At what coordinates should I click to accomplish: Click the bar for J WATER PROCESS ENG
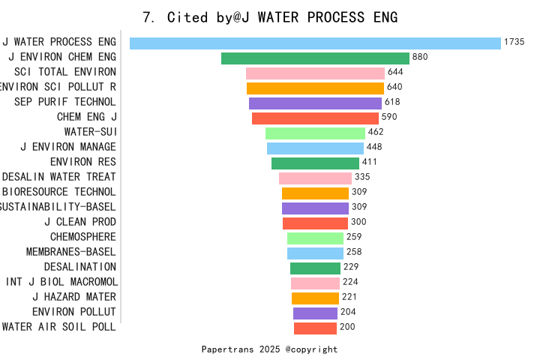tap(315, 43)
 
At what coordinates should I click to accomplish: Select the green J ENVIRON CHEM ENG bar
tap(315, 58)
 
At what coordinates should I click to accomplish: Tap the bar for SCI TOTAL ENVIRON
tap(315, 73)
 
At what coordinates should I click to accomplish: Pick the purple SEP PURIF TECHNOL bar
tap(315, 103)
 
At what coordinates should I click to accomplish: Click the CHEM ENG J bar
tap(315, 118)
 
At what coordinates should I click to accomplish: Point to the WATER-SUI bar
tap(315, 133)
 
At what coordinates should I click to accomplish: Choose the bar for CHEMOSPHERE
tap(315, 238)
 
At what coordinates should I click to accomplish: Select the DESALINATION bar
tap(315, 268)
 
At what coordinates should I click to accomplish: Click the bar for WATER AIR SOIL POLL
tap(315, 328)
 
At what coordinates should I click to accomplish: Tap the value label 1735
tap(514, 42)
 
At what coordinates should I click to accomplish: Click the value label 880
tap(420, 57)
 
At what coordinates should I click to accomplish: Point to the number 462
tap(376, 132)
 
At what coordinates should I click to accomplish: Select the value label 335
tap(362, 177)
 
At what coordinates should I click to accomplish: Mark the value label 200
tap(347, 327)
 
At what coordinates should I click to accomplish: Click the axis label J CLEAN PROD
tap(80, 222)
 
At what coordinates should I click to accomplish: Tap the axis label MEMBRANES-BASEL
tap(71, 252)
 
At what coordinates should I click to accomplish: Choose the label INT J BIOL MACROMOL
tap(61, 282)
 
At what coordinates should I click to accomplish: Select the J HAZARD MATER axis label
tap(74, 297)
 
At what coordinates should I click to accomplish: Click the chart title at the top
tap(270, 17)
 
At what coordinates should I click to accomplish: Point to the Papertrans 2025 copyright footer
tap(270, 349)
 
